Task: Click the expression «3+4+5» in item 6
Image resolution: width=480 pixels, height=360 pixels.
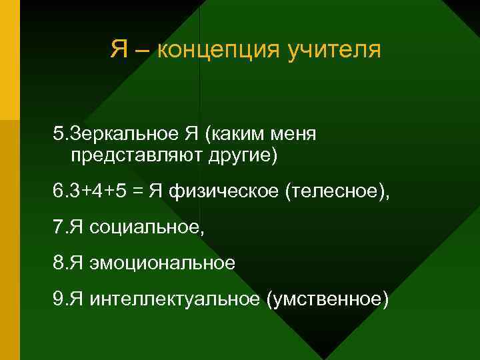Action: pos(101,193)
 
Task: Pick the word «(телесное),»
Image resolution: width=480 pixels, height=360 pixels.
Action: pos(337,193)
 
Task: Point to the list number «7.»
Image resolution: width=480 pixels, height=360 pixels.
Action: pos(59,228)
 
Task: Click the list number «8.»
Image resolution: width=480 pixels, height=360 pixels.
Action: pos(59,263)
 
